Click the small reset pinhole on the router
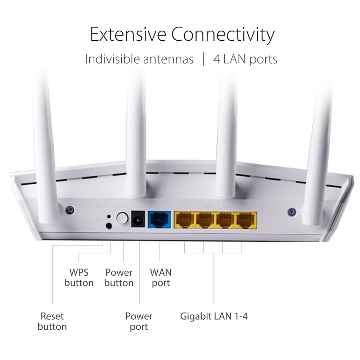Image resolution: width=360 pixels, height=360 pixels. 109,217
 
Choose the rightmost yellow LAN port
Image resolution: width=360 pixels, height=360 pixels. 247,220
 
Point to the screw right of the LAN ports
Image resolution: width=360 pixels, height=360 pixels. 292,212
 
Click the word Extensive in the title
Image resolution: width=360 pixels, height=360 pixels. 127,35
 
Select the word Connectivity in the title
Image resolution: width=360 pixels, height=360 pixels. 223,35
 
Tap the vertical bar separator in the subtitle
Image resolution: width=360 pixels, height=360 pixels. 204,59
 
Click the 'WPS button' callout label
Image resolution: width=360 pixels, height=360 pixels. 79,277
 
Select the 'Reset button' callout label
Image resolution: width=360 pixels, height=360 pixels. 52,321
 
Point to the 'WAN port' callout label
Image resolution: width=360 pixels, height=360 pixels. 161,277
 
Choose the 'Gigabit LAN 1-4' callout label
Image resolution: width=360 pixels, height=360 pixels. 214,317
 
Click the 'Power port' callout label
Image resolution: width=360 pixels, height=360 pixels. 139,321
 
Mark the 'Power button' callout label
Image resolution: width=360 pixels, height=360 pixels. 119,277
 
